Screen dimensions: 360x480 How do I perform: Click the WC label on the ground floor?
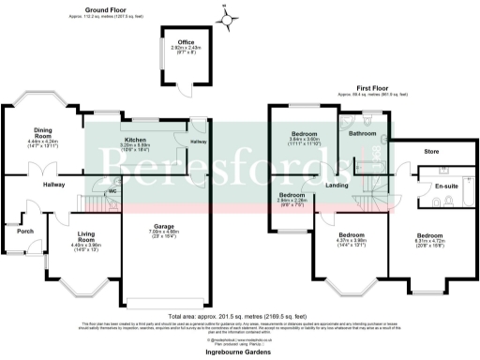pos(112,190)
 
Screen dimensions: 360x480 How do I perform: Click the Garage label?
pos(164,226)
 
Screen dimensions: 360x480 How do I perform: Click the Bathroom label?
pos(362,134)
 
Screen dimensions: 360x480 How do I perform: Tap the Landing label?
pos(337,185)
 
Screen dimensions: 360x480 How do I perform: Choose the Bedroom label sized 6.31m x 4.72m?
pos(429,234)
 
